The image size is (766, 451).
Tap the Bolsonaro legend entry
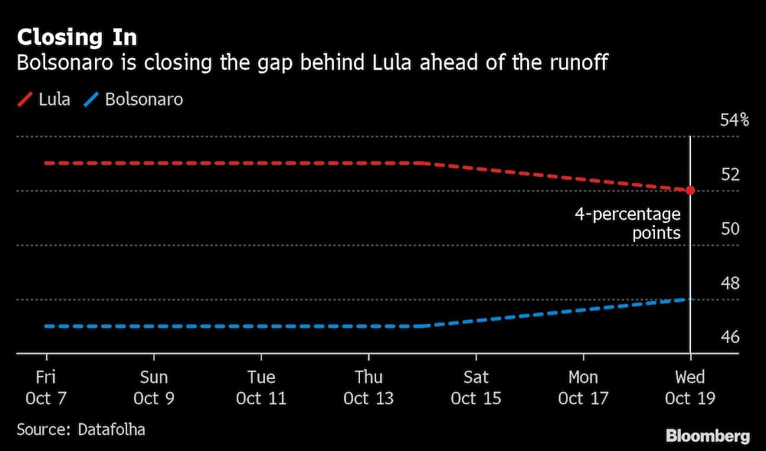pos(135,100)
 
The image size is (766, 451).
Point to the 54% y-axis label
pos(734,120)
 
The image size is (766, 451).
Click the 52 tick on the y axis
pos(730,175)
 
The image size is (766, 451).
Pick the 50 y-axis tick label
pos(730,229)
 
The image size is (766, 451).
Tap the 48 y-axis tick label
pos(730,283)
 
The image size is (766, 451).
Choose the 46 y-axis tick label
pos(730,338)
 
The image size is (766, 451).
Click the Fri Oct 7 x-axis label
pos(47,387)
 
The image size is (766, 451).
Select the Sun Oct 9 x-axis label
pos(154,387)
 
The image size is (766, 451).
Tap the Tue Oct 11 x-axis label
pos(261,387)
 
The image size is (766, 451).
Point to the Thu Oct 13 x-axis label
pos(368,387)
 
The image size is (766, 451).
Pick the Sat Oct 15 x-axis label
pos(476,387)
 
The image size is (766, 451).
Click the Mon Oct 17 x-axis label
pos(583,387)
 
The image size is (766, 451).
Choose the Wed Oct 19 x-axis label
pos(690,387)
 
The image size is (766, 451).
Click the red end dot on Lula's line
pos(690,190)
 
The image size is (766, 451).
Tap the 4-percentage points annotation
pos(628,224)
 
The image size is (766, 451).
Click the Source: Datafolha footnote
pos(80,430)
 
